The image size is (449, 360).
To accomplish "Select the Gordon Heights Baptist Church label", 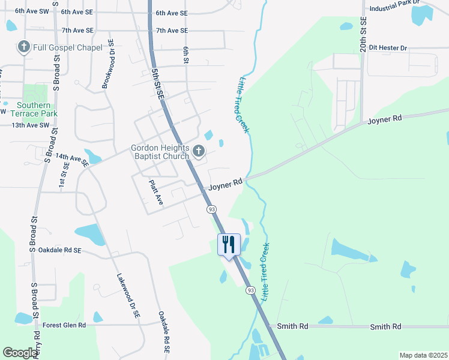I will pyautogui.click(x=161, y=152).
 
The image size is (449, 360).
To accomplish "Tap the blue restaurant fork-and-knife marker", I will pyautogui.click(x=228, y=245).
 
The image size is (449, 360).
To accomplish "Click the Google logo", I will pyautogui.click(x=20, y=353).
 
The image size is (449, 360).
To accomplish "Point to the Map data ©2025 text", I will pyautogui.click(x=423, y=355).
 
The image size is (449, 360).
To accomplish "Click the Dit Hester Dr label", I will pyautogui.click(x=388, y=47).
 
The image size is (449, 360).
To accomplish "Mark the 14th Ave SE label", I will pyautogui.click(x=71, y=159).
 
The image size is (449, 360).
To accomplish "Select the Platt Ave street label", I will pyautogui.click(x=155, y=191).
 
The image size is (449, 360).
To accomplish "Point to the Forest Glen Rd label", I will pyautogui.click(x=65, y=325).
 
